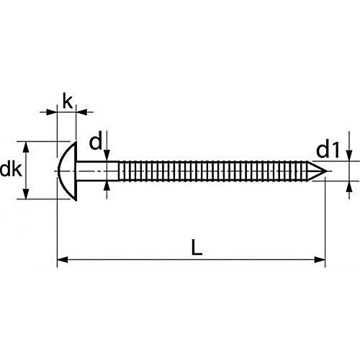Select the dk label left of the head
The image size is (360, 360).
[11, 171]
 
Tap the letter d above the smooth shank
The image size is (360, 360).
[95, 142]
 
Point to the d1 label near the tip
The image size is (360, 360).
[328, 150]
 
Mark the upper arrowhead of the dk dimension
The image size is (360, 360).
[27, 145]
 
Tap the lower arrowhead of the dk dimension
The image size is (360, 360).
[27, 195]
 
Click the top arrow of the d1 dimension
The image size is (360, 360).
[348, 158]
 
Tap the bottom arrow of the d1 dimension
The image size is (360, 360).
[348, 186]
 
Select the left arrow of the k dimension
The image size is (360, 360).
[52, 112]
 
